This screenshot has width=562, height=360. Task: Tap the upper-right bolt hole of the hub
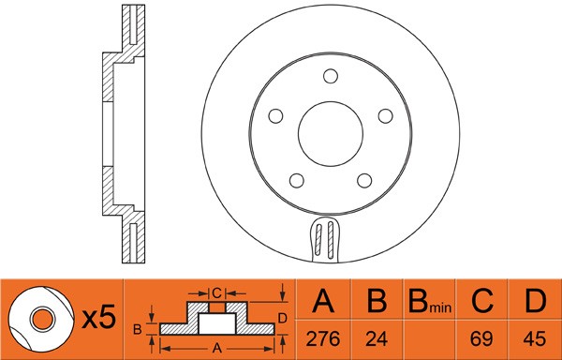pos(385,115)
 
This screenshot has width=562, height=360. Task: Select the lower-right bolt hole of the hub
pos(364,180)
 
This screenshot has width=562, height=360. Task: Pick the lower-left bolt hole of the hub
pos(297,180)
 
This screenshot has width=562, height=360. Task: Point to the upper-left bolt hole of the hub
pos(276,115)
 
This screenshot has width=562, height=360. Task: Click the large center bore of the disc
pos(331,135)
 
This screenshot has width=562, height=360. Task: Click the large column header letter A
pos(323,303)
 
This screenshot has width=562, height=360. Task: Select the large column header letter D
pos(535,303)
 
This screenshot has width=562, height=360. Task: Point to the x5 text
pos(97,318)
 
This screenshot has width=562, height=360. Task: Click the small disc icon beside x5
pos(40,319)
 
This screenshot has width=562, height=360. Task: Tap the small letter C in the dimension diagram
pos(216,292)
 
